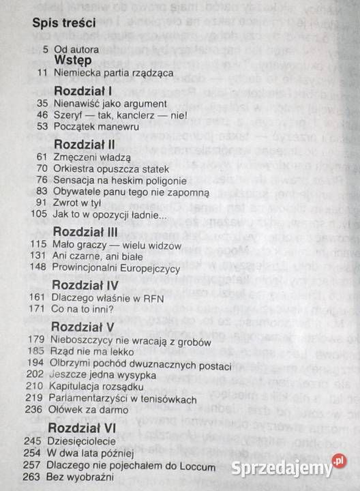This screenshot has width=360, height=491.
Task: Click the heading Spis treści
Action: (63, 22)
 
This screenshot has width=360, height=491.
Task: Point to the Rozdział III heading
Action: (84, 231)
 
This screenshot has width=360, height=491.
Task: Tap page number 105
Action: (37, 214)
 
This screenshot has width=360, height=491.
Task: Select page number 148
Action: (37, 268)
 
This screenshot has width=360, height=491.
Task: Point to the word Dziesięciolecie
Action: (82, 441)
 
